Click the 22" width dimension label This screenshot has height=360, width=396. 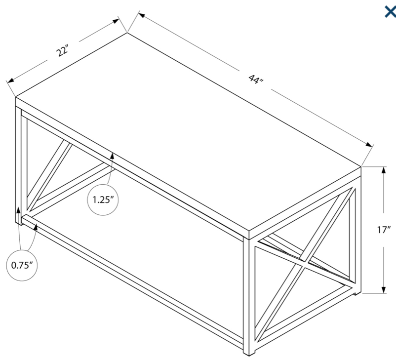tap(62, 50)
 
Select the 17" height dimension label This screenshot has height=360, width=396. tap(384, 230)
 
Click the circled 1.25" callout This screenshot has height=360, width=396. tap(103, 200)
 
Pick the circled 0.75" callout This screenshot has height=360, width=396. tap(22, 265)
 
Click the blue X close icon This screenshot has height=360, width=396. tap(390, 12)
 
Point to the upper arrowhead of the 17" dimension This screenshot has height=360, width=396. tap(384, 170)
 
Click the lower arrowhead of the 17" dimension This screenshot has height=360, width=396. tap(384, 289)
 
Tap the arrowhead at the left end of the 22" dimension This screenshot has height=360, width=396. tap(10, 80)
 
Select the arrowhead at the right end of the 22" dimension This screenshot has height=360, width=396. tap(116, 21)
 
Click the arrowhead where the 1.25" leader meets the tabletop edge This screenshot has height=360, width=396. tap(112, 157)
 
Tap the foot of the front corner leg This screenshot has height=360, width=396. tap(249, 352)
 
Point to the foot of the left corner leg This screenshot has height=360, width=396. tap(19, 223)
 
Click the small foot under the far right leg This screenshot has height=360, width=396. tap(357, 293)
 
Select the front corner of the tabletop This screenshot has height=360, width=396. tap(249, 231)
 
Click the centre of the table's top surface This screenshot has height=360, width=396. tap(188, 131)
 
